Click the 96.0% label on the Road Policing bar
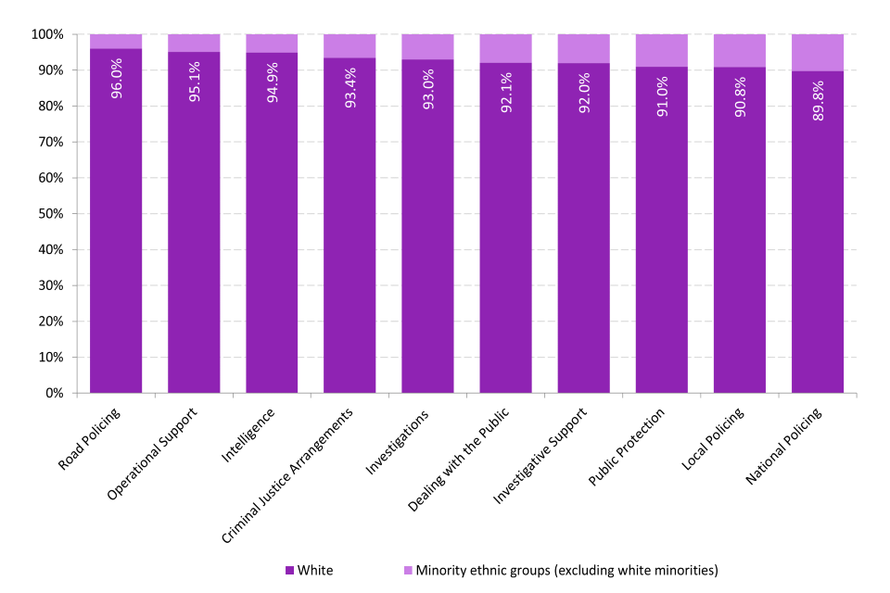(116, 79)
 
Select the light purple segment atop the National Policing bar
(818, 53)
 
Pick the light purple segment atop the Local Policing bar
(740, 51)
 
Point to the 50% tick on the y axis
(50, 214)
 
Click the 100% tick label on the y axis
(45, 34)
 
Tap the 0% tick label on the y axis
(54, 394)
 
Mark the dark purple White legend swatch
(290, 570)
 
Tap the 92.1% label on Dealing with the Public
(505, 93)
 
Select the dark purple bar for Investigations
(427, 241)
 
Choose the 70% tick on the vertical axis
(50, 142)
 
